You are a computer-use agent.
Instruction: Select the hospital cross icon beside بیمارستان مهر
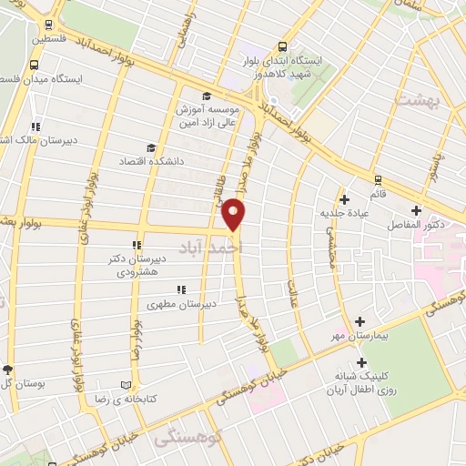pyautogui.click(x=361, y=321)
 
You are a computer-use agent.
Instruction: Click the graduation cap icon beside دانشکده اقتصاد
pyautogui.click(x=151, y=147)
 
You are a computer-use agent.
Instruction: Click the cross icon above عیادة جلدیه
pyautogui.click(x=343, y=199)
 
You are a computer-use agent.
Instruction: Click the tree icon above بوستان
pyautogui.click(x=7, y=370)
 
